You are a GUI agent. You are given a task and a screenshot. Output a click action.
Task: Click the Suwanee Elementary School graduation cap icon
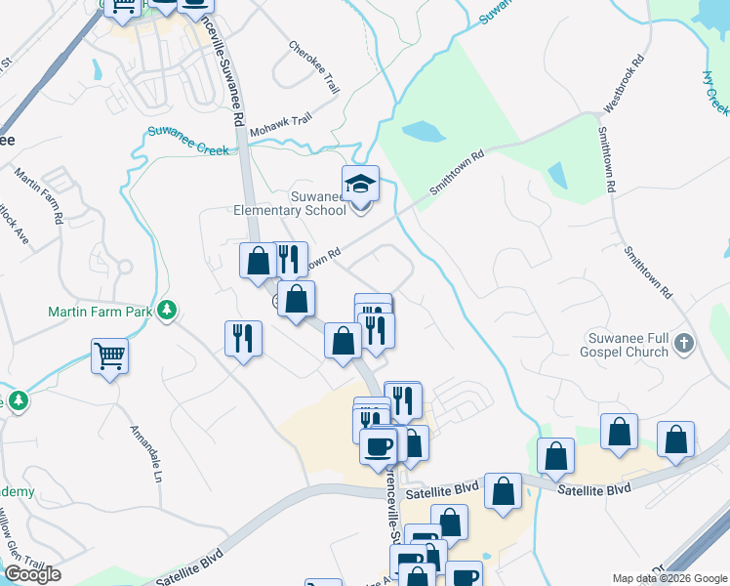click(x=360, y=183)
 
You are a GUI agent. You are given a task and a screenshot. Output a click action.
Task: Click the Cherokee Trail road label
click(x=313, y=66)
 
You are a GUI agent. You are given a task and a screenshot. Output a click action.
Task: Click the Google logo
click(x=32, y=574)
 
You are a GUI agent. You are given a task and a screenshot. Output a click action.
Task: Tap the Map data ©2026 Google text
click(x=669, y=578)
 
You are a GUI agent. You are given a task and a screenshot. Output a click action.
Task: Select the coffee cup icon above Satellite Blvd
click(x=378, y=445)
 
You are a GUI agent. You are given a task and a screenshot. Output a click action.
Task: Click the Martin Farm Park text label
click(x=102, y=313)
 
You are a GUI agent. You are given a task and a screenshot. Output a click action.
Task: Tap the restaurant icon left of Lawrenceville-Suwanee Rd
click(x=243, y=338)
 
